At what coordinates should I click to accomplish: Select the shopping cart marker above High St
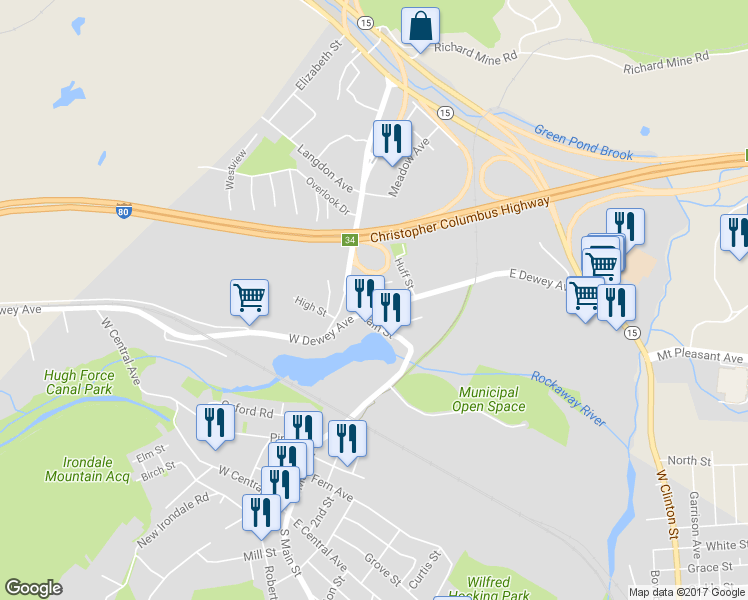pos(249,297)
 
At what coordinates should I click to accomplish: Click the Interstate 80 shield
pos(123,212)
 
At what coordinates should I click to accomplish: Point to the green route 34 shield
pos(349,240)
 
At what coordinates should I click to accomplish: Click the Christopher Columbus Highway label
pos(459,219)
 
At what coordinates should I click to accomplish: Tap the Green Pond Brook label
pos(584,142)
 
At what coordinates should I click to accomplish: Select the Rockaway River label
pos(568,399)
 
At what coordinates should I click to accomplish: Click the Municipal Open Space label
pos(489,400)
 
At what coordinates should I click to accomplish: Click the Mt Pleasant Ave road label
pos(700,357)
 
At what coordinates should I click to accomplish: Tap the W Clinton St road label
pos(667,500)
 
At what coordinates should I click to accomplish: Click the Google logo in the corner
pos(33,588)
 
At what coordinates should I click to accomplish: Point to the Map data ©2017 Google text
pos(686,592)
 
